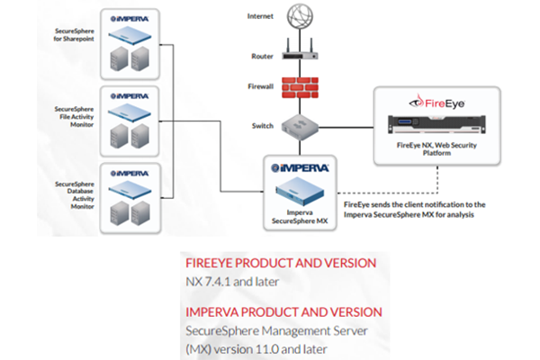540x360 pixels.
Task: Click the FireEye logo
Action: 438,102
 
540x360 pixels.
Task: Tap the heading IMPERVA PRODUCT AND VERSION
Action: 283,311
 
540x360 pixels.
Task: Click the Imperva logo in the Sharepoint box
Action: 137,18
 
